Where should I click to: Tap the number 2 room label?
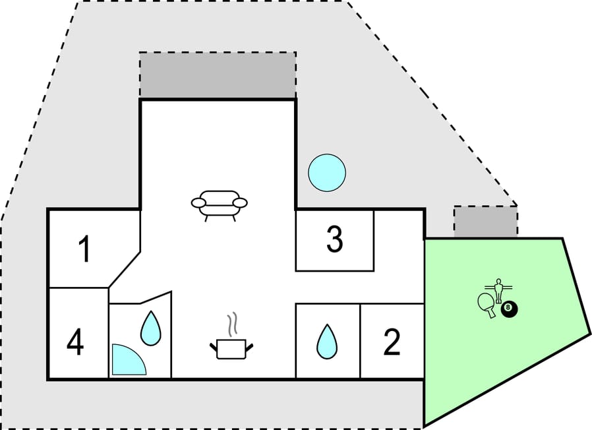(392, 343)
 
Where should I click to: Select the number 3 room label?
(334, 240)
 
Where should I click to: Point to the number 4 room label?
(76, 343)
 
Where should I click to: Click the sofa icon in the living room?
(219, 204)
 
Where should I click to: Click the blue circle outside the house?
(327, 173)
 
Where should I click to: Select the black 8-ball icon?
(508, 309)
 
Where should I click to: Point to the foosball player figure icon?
(500, 289)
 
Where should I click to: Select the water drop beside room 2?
(326, 342)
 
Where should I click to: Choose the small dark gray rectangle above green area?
(485, 222)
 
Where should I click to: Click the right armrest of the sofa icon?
(241, 202)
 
